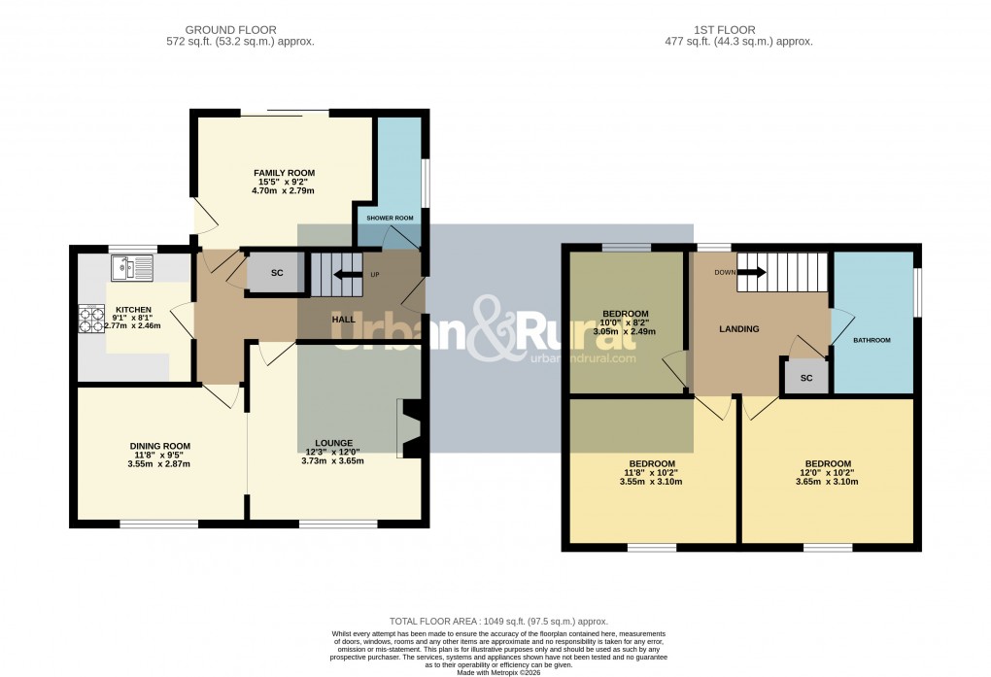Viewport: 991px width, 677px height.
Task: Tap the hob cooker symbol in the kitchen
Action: click(x=90, y=319)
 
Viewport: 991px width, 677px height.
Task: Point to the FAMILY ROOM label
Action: click(x=285, y=173)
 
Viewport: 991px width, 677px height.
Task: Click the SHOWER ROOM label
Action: click(x=390, y=218)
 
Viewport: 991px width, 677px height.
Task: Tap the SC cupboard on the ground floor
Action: click(x=276, y=273)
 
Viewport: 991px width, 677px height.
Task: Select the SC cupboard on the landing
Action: click(x=805, y=377)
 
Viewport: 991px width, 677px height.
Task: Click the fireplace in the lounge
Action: click(x=409, y=427)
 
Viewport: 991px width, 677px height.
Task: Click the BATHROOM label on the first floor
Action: click(x=871, y=341)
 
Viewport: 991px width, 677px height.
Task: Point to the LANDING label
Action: click(x=738, y=329)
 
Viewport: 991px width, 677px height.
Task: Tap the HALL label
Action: click(x=343, y=319)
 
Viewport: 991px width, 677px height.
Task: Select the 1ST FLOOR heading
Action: click(x=725, y=30)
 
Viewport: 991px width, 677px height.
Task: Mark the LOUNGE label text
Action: click(x=334, y=443)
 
